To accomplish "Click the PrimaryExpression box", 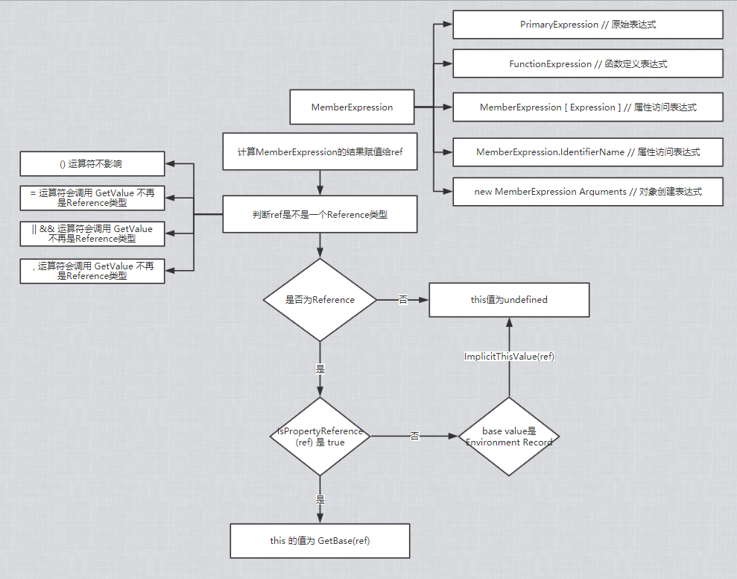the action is click(587, 25).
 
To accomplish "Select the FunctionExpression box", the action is click(587, 63).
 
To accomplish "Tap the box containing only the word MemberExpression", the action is click(352, 107).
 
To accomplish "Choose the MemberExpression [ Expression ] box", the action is click(587, 107).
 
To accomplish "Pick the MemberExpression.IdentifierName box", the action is click(587, 152).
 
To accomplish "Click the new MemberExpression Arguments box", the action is click(587, 192).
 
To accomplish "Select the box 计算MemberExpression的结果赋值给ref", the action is click(320, 152).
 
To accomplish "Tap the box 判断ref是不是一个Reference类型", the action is click(320, 215).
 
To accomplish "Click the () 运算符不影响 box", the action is click(92, 164).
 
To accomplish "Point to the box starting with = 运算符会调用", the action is click(92, 198).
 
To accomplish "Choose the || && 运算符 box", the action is click(92, 234).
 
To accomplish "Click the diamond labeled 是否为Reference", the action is click(320, 300).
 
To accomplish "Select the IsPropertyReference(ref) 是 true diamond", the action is click(320, 436).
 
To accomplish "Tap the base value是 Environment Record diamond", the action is click(509, 436).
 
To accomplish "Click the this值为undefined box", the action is click(509, 300).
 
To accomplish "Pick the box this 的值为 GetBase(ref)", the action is click(320, 541).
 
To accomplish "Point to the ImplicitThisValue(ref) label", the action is click(509, 357).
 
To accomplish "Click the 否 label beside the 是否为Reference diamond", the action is click(403, 299).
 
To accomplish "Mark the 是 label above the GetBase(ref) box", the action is click(320, 499).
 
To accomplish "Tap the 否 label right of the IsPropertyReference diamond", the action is click(414, 436).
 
